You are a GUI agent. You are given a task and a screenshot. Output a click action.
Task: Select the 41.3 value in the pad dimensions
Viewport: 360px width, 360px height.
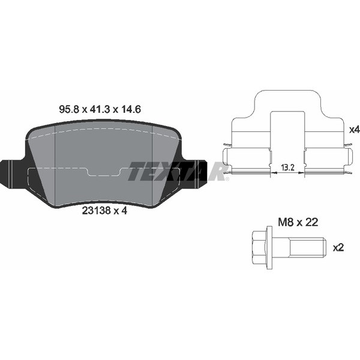98,110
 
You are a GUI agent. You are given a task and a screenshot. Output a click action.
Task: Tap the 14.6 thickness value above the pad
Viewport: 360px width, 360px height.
131,110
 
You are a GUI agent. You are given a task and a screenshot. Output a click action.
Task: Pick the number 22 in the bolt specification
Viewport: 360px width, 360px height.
311,222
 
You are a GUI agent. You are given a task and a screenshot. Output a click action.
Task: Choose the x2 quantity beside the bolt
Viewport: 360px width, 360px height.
337,246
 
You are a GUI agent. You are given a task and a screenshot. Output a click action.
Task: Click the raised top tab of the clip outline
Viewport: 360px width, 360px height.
287,102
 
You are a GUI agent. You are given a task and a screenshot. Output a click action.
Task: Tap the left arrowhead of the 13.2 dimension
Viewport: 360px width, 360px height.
272,172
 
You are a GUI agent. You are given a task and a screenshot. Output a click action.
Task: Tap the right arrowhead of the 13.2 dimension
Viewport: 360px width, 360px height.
303,172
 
